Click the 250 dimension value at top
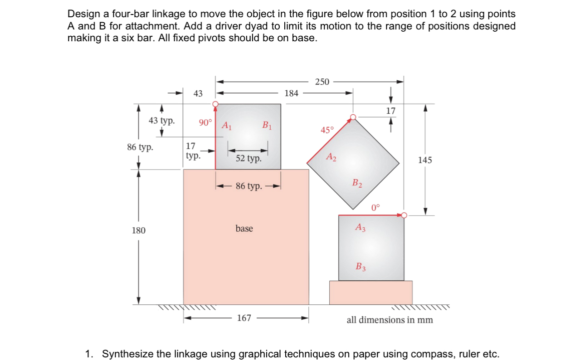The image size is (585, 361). coord(322,82)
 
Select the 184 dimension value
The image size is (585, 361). coord(291,93)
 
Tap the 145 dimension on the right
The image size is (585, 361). coord(425,160)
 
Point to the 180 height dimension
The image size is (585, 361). coord(139,230)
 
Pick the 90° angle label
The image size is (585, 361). coord(205,122)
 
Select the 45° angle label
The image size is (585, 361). coord(327,130)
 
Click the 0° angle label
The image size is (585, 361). coord(375,208)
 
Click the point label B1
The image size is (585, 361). coord(267,126)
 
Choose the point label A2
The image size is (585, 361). coord(331,157)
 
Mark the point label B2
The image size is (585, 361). coord(357,183)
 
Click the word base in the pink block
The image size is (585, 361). coord(244,229)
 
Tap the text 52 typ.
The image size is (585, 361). coord(248,159)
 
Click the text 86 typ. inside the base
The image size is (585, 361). coord(249,186)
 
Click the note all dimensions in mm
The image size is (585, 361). coord(390,320)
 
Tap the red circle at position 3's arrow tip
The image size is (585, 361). coord(405,215)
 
